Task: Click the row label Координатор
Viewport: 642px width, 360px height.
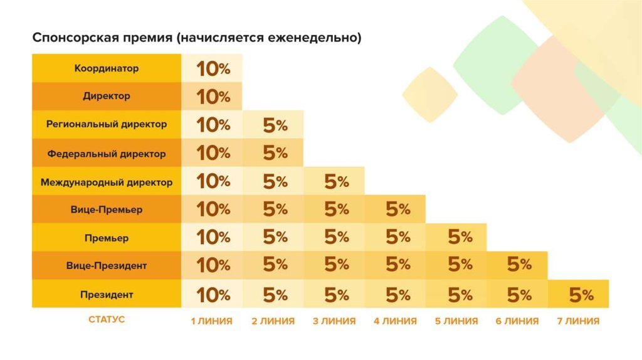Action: pos(107,68)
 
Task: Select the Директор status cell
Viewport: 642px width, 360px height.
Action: pos(107,97)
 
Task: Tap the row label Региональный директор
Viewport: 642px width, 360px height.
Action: pos(107,124)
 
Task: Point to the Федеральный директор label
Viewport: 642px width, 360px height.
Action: pos(107,153)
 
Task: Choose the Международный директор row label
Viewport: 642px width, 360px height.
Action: pos(107,183)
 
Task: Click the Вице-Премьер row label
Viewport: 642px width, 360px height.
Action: pos(107,209)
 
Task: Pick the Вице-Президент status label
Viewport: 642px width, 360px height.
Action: pos(107,265)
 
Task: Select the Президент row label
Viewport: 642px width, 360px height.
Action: pos(107,294)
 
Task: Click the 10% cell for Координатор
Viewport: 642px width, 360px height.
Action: pos(213,68)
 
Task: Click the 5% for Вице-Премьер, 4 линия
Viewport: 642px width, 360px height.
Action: pos(397,209)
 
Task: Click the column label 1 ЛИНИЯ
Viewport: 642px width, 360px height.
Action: pos(212,321)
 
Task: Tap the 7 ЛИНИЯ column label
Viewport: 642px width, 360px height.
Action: pos(578,321)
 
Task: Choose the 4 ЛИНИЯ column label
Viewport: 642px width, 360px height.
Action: pos(395,321)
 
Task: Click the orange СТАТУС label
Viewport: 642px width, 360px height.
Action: pos(107,319)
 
